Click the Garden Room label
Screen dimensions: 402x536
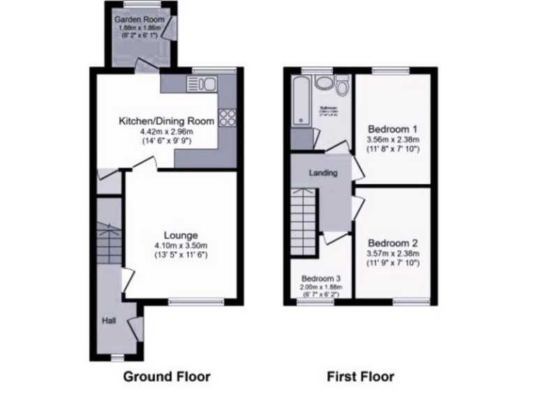(140, 20)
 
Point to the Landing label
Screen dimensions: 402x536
(323, 172)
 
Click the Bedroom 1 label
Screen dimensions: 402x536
(392, 129)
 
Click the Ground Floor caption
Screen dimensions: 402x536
(167, 377)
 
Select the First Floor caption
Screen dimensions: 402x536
(361, 377)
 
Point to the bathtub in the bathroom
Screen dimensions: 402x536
(301, 100)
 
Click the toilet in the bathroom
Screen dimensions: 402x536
(341, 87)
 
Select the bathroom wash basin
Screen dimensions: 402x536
(324, 83)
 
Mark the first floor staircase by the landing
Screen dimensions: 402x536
(306, 212)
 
